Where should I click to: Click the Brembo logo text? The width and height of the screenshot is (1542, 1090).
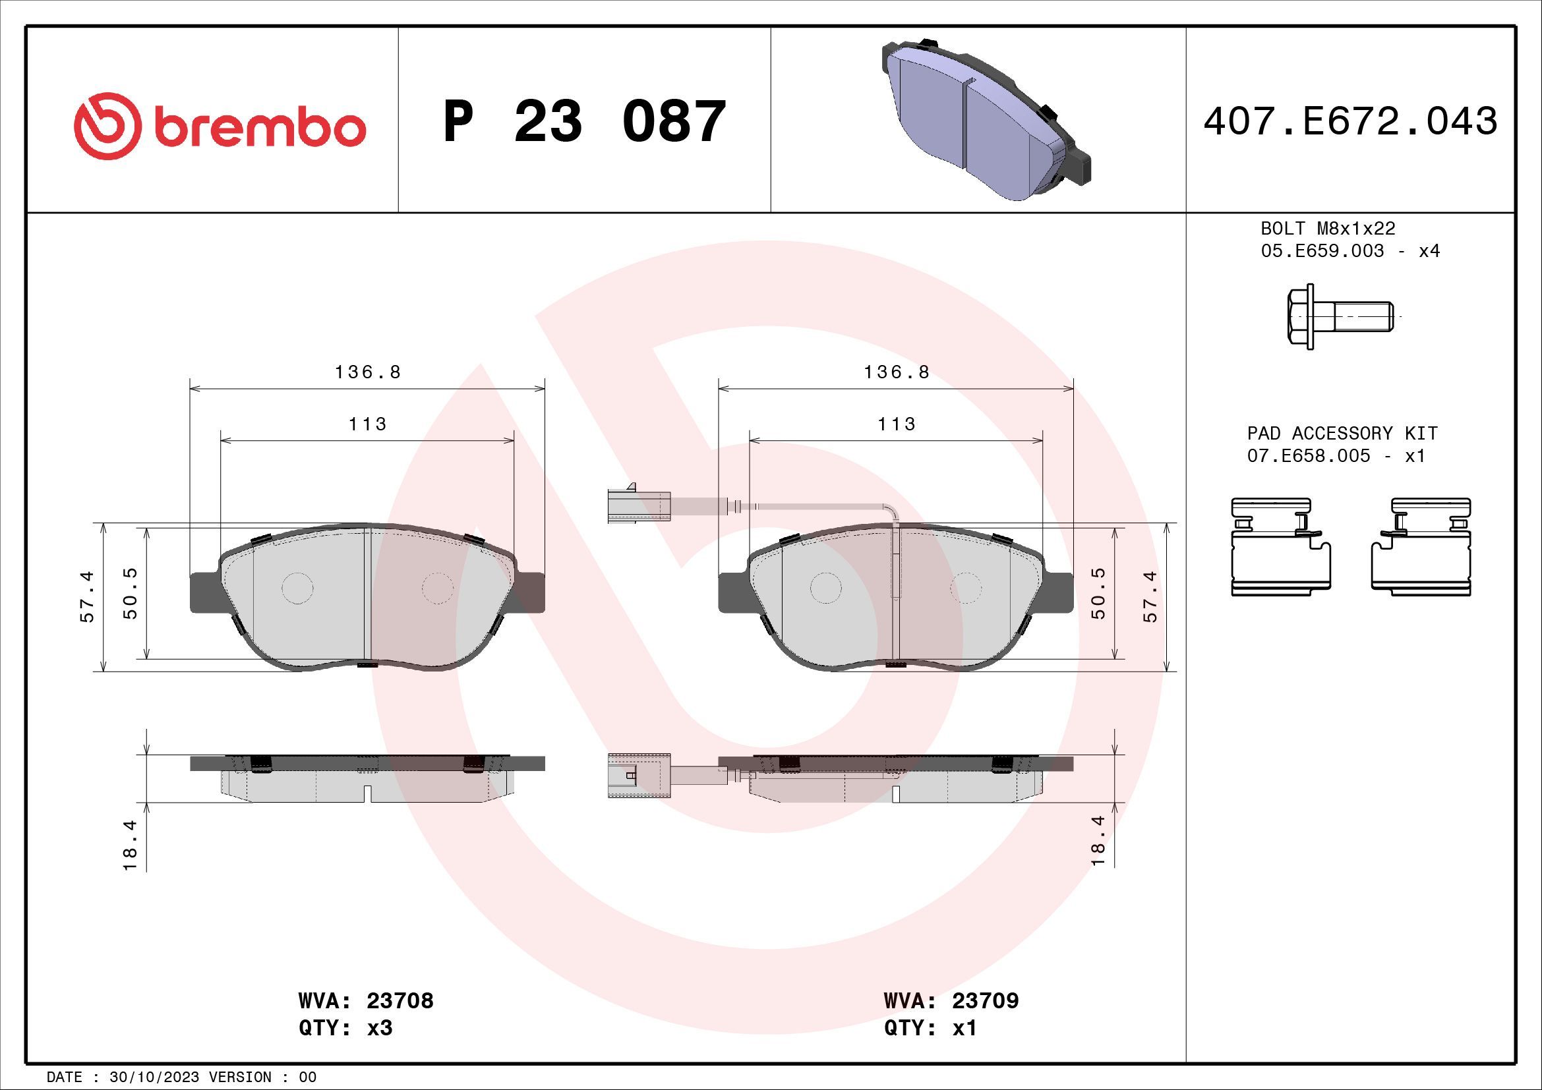click(x=258, y=128)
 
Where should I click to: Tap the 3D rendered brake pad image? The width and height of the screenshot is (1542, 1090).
click(x=984, y=121)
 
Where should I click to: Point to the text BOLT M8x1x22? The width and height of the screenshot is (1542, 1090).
click(x=1328, y=228)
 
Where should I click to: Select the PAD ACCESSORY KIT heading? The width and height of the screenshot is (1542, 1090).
click(x=1342, y=433)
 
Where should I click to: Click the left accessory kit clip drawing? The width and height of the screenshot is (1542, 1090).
click(x=1280, y=547)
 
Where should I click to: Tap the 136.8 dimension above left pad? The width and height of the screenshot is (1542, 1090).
click(x=367, y=372)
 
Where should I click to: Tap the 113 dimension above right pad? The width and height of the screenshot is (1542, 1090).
click(x=896, y=424)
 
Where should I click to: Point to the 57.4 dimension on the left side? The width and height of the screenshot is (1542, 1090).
click(x=87, y=596)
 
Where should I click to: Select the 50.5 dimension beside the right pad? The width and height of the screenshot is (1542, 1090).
click(x=1098, y=593)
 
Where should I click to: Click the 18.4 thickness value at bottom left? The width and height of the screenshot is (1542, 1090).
click(x=130, y=845)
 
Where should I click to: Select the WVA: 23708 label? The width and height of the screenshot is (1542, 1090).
click(x=366, y=1001)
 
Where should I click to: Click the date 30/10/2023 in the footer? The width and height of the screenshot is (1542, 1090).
click(x=154, y=1077)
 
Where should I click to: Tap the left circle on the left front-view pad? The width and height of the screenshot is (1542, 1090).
click(x=297, y=588)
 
